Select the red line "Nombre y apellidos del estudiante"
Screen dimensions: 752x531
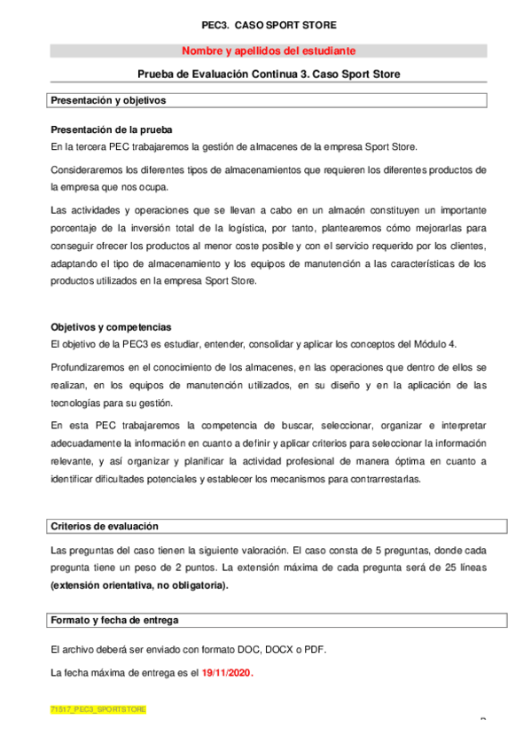pyautogui.click(x=269, y=51)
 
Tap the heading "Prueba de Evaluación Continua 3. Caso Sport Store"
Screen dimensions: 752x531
pyautogui.click(x=269, y=75)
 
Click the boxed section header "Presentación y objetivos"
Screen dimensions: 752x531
pyautogui.click(x=108, y=100)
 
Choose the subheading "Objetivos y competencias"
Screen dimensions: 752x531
pyautogui.click(x=111, y=326)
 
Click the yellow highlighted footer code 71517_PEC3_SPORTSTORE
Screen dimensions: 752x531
pyautogui.click(x=98, y=710)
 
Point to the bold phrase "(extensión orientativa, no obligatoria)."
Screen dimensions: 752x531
pyautogui.click(x=139, y=585)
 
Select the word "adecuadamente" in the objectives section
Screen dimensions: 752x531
pyautogui.click(x=86, y=442)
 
